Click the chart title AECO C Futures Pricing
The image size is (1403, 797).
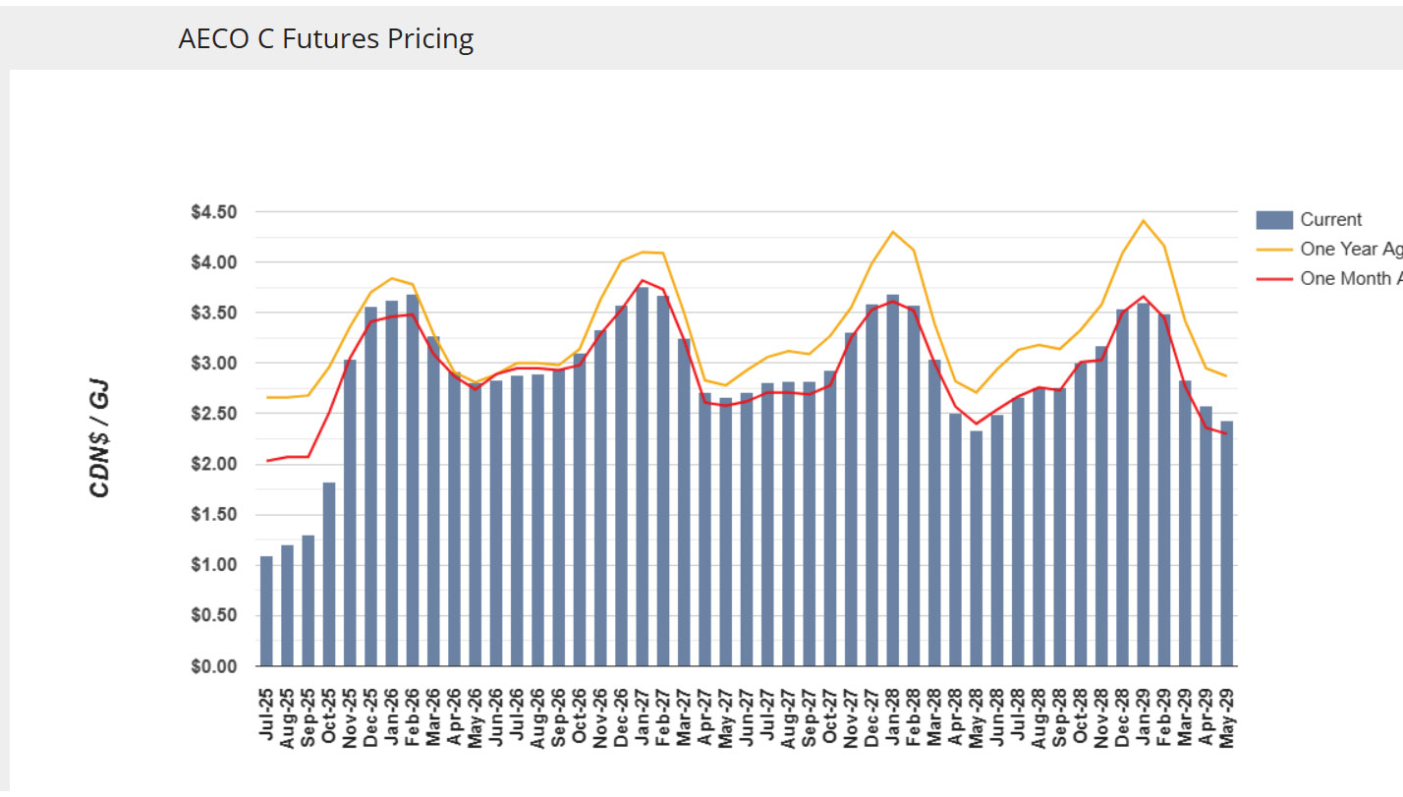[325, 39]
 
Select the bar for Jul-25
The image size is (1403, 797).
[266, 611]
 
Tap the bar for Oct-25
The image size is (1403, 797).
[329, 575]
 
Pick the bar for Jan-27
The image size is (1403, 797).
[643, 477]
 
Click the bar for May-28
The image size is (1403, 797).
[976, 548]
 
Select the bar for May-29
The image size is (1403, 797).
[1226, 543]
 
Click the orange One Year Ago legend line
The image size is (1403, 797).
[1273, 249]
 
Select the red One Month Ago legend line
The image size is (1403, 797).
[1273, 278]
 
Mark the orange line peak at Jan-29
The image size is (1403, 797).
[1143, 220]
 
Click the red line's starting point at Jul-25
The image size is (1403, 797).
[266, 460]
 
